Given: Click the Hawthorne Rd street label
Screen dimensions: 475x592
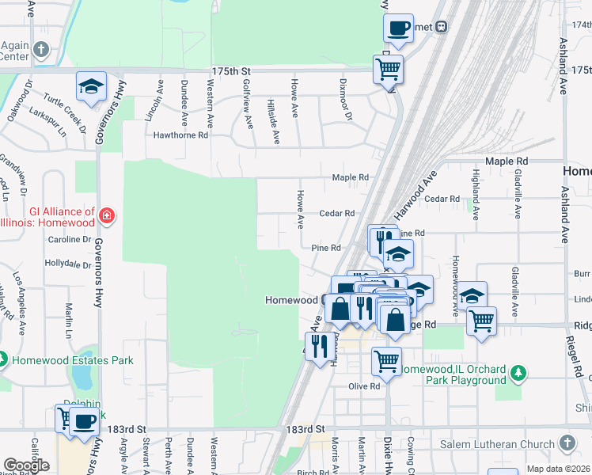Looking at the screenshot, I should point(180,135).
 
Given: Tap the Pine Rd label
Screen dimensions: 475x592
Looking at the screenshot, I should point(325,248).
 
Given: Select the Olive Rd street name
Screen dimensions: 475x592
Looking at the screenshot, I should point(364,386).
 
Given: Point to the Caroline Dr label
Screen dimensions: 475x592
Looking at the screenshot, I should point(70,239).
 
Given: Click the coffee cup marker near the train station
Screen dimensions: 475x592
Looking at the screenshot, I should point(399,28).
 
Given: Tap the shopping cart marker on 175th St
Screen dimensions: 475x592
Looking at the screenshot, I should point(389,69).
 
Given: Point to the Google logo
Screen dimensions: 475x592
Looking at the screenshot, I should point(26,465).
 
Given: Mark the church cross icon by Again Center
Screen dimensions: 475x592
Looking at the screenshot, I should point(41,49).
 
